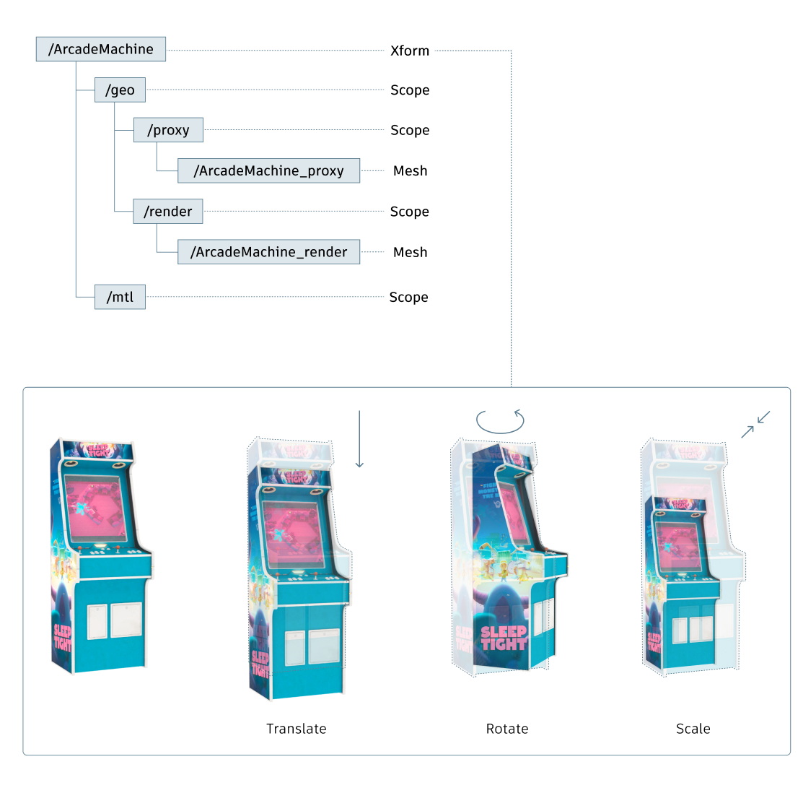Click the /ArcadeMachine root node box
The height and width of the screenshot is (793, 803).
[101, 49]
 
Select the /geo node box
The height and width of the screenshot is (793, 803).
[120, 90]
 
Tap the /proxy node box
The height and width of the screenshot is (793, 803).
[168, 130]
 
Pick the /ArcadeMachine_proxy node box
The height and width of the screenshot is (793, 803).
[268, 170]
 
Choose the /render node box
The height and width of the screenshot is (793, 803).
[168, 212]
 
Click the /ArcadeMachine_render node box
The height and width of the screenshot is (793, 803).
[268, 252]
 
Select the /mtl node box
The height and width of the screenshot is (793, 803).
[120, 297]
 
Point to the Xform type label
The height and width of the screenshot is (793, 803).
[410, 51]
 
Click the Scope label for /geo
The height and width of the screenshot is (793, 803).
[410, 90]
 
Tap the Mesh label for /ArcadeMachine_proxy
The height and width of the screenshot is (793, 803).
[411, 171]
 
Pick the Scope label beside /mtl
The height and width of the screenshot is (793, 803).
[408, 298]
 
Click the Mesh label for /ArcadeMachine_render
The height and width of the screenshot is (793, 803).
[411, 252]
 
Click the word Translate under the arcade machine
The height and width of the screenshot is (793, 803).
[297, 729]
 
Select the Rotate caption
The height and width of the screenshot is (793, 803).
[507, 729]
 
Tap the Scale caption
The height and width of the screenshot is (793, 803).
[693, 729]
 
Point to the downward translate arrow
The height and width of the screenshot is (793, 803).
[359, 439]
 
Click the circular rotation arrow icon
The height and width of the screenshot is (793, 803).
[500, 420]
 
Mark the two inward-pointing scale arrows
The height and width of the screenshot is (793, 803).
[756, 425]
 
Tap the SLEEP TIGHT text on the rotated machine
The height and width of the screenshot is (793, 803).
[504, 638]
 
